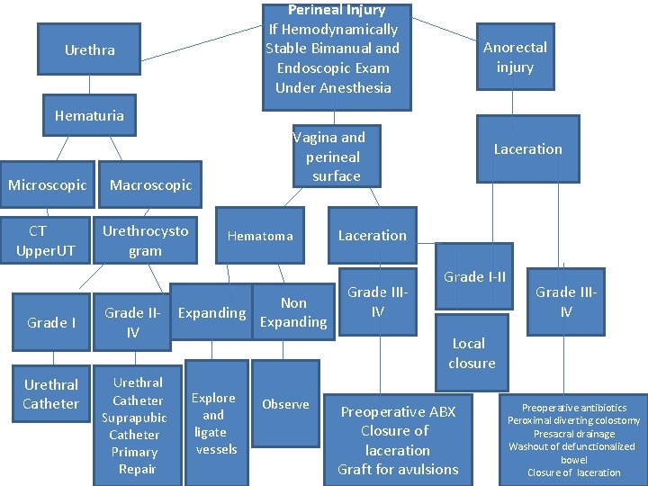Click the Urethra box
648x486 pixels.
coord(90,50)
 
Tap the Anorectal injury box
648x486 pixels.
coord(515,57)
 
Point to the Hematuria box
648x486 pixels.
coord(89,116)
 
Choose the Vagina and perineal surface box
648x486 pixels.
coord(329,157)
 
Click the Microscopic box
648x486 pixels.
coord(47,185)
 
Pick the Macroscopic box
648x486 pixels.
coord(150,185)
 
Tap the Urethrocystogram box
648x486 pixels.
coord(145,241)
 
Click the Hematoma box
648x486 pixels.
coord(260,236)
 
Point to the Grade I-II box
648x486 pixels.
coord(474,277)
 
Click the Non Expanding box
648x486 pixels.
coord(293,312)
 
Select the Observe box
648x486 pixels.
coord(285,405)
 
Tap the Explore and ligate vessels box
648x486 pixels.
coord(214,423)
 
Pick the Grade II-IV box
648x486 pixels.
coord(133,322)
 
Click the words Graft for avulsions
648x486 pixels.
coord(398,469)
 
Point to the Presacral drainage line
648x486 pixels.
coord(573,434)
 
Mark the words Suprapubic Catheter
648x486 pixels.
coord(134,427)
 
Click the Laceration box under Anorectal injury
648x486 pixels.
coord(527,149)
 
